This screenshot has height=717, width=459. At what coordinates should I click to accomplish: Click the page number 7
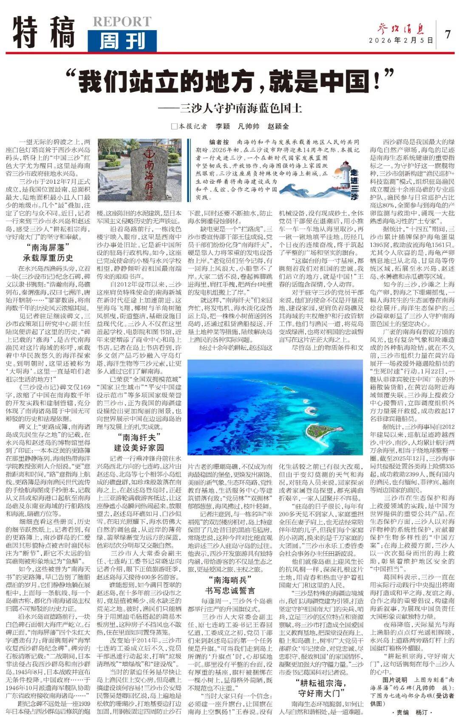tap(448, 34)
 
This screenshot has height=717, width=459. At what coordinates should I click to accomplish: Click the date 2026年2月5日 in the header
tap(401, 41)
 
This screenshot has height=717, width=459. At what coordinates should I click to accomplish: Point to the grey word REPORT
tap(122, 22)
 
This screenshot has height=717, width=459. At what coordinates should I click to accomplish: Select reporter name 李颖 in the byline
tap(223, 126)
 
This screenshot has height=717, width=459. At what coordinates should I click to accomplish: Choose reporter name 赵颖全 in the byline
tap(278, 126)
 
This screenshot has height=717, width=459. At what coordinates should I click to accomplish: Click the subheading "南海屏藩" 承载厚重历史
tap(48, 252)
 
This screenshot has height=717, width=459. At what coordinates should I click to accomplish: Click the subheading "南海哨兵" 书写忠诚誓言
tap(230, 585)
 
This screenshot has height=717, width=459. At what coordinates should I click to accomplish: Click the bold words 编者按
tap(219, 142)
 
